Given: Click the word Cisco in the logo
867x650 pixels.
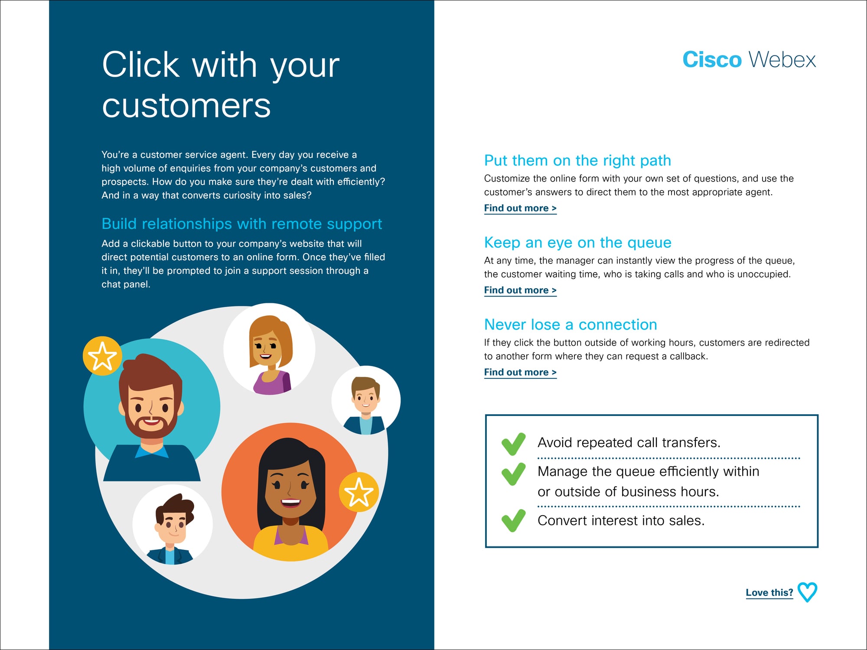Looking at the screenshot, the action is click(x=712, y=59).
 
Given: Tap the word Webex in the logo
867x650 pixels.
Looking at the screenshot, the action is click(x=782, y=59).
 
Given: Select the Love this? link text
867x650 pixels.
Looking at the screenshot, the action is click(x=769, y=592).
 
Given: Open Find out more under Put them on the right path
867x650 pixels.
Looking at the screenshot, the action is click(x=520, y=208).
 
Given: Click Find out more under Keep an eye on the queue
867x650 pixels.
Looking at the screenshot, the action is click(x=520, y=290).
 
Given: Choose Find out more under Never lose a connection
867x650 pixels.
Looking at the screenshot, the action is click(x=520, y=372).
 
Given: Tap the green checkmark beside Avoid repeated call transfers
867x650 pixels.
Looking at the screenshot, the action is click(x=513, y=444).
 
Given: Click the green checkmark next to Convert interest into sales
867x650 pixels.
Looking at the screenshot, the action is click(x=513, y=520).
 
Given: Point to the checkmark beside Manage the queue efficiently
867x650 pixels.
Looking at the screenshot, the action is click(x=513, y=474).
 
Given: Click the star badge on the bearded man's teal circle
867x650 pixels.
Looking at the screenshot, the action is click(x=102, y=356).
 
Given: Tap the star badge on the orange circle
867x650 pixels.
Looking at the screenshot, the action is click(x=359, y=492).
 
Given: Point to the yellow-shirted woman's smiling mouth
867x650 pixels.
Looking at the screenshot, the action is click(x=290, y=503).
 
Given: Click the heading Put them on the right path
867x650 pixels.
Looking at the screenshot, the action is click(x=577, y=161).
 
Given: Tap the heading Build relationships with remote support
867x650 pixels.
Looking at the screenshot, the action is click(x=242, y=224).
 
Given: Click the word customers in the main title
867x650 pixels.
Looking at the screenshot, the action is click(x=186, y=105).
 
